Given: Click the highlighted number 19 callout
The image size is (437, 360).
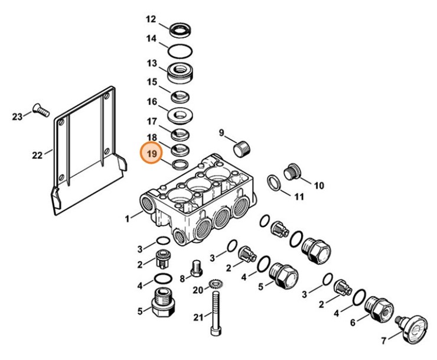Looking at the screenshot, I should click(x=152, y=154).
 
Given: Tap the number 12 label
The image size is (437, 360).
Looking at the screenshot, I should click(x=152, y=20).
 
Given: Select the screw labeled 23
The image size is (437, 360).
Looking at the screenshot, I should click(x=41, y=109).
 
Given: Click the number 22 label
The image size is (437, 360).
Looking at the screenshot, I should click(x=37, y=155).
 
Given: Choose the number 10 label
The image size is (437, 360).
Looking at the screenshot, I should click(x=319, y=186).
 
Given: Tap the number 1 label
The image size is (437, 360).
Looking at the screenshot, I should click(x=127, y=220).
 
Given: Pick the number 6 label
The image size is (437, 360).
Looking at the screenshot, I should click(x=353, y=323).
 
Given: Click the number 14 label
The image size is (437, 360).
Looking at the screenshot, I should click(x=152, y=39).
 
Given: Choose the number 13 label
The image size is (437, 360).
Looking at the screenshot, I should click(x=152, y=63).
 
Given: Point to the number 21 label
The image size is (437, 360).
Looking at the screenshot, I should click(x=197, y=317).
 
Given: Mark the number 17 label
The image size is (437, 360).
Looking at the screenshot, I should click(x=152, y=122).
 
